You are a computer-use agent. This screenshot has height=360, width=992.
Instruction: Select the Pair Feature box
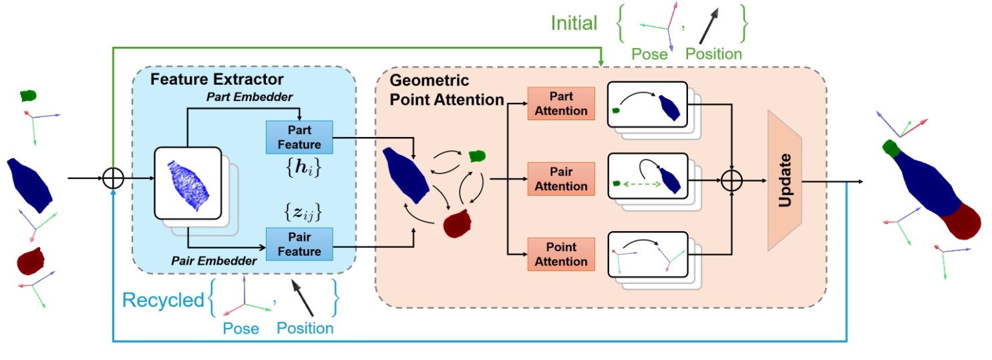299,243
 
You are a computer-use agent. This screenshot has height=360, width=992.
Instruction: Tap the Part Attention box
560,103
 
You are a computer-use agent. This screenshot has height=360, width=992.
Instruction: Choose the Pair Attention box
560,178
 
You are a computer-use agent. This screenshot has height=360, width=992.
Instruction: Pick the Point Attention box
560,254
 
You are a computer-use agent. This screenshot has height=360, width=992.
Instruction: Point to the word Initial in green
573,23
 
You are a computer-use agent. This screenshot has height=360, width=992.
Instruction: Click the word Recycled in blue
163,301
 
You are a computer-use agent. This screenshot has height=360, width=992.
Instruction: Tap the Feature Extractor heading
216,79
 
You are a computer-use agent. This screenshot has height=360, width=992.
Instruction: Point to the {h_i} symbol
299,170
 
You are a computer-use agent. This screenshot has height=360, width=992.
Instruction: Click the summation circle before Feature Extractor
114,178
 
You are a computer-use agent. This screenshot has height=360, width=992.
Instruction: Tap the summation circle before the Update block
733,180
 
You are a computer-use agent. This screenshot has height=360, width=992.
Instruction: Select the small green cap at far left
27,96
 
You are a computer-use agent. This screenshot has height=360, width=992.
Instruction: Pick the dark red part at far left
30,261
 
